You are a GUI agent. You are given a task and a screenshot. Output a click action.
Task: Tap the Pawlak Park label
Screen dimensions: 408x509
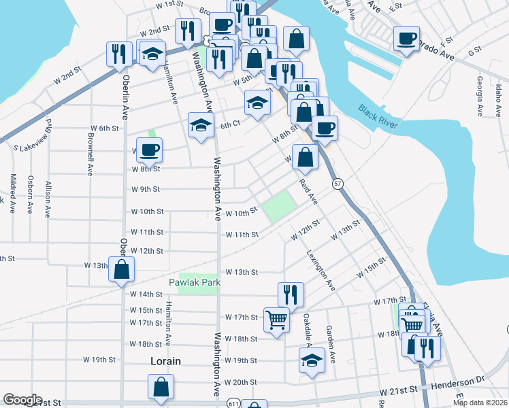(x=195, y=282)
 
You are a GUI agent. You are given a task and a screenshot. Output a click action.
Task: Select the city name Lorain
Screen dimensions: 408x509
(x=165, y=361)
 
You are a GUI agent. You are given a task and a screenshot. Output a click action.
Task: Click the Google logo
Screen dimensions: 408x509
(x=22, y=400)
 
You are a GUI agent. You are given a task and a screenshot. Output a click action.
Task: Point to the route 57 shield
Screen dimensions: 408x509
(x=338, y=184)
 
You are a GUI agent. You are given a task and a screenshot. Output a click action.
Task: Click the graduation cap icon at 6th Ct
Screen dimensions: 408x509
(x=201, y=125)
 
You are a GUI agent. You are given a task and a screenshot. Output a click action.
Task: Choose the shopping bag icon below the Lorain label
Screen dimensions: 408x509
(x=161, y=387)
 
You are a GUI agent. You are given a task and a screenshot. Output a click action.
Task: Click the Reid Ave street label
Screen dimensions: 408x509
(x=309, y=192)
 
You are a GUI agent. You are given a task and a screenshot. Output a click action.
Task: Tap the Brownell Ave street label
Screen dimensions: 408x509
(x=90, y=152)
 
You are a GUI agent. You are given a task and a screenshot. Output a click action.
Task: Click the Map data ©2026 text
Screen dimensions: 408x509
(x=480, y=403)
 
